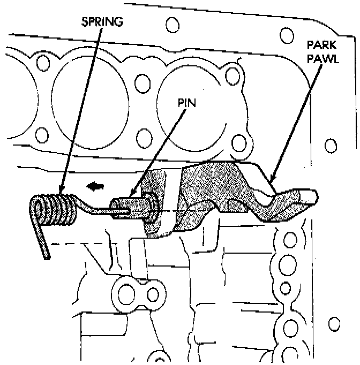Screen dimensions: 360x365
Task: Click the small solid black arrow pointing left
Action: click(x=94, y=186)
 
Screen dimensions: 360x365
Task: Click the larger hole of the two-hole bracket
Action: click(x=127, y=292)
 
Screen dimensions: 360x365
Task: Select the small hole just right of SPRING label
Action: click(x=172, y=25)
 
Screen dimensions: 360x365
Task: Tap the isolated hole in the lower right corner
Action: click(x=334, y=324)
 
